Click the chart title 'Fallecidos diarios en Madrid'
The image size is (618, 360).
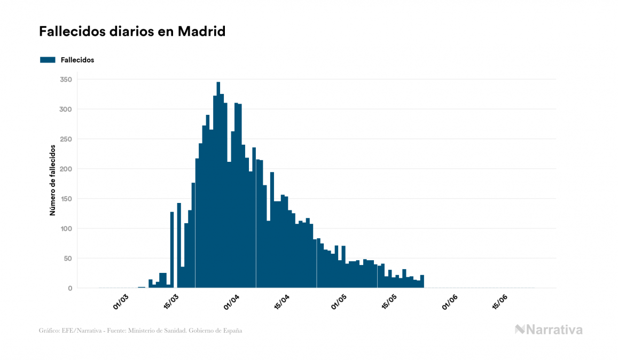point(132,32)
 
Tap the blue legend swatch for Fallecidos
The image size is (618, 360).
point(48,60)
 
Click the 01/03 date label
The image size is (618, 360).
point(121,302)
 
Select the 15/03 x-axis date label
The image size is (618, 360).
point(171,302)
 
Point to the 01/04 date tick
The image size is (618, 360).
point(231,302)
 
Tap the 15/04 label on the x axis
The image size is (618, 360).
point(281,302)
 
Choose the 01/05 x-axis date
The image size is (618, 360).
point(339,302)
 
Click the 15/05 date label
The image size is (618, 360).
point(389,302)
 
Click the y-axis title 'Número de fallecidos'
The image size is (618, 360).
point(53,179)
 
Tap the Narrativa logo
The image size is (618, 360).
point(549,330)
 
